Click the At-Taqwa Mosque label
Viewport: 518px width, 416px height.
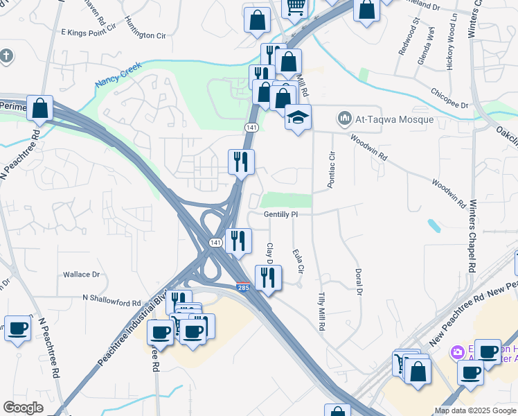pos(395,119)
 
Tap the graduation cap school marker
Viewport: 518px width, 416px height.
pos(298,118)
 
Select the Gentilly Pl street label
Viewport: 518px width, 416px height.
pos(280,214)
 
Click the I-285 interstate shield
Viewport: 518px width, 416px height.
pos(242,287)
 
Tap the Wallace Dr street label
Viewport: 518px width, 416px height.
pos(82,275)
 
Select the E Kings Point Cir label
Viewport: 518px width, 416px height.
pos(88,32)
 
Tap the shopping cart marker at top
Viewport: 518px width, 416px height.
pos(296,7)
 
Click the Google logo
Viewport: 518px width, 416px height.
pos(24,408)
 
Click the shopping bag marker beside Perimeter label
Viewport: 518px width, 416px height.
pos(40,107)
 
